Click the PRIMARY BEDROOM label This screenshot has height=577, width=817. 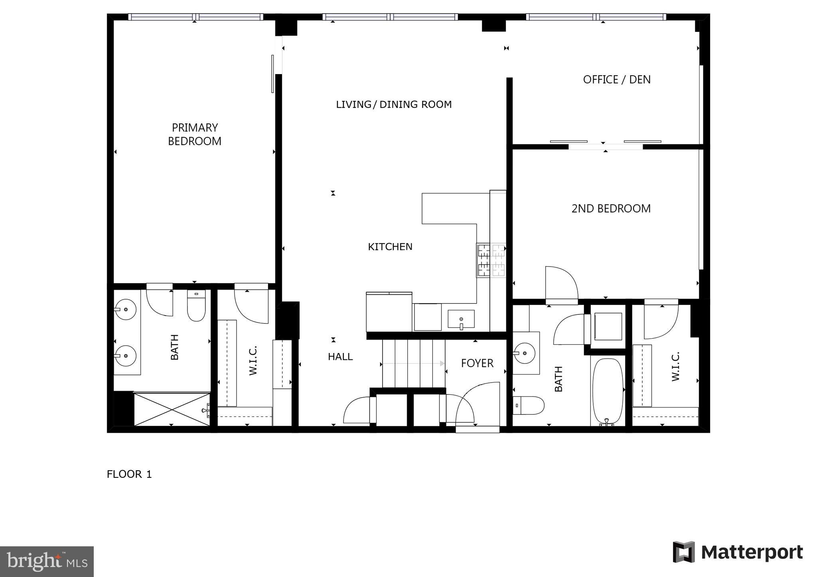tap(195, 134)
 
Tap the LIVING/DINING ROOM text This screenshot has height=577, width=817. tap(394, 104)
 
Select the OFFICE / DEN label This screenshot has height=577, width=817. tap(617, 80)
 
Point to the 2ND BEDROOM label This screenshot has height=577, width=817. tap(611, 208)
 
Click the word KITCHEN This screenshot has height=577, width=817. tap(390, 247)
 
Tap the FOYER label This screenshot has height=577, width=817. tap(477, 363)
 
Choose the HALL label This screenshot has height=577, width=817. tap(340, 357)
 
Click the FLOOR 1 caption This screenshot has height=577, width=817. tap(129, 474)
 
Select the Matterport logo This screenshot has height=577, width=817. tap(738, 552)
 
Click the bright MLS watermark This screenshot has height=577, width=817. tap(47, 562)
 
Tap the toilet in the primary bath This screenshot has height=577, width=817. tap(196, 306)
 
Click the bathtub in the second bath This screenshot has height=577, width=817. tap(608, 391)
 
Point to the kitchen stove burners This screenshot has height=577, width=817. tap(491, 260)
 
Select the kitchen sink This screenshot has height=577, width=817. tap(461, 319)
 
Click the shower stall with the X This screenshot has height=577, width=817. tap(172, 409)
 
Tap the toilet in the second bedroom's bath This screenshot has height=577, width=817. tap(529, 405)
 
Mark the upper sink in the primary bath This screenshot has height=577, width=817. tap(125, 309)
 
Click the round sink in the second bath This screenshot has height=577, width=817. tap(524, 353)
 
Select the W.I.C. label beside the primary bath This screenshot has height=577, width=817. tap(253, 360)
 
